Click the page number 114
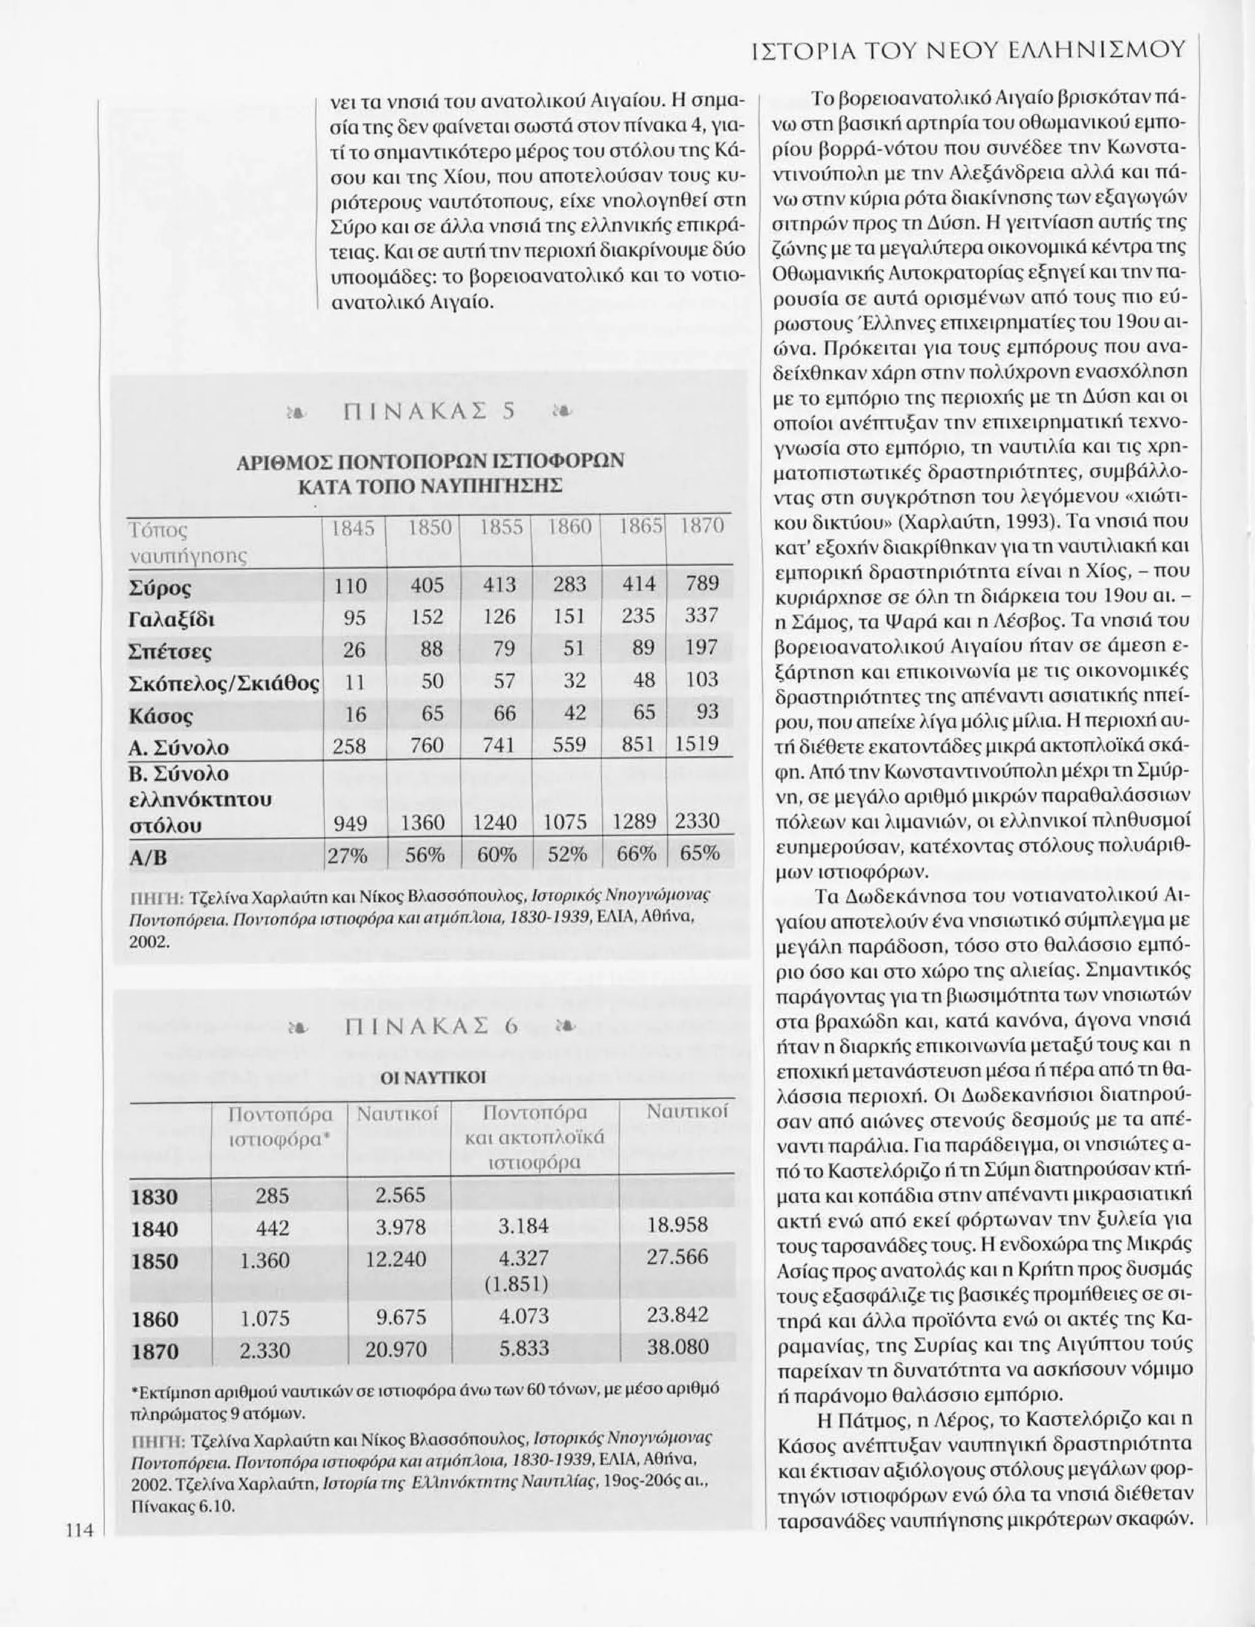[x=77, y=1595]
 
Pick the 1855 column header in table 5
[x=498, y=527]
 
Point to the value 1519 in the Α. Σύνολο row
[x=697, y=744]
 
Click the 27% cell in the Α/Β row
[x=349, y=855]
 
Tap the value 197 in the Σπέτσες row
[x=701, y=647]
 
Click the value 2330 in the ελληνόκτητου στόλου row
[x=697, y=821]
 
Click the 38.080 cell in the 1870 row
[x=677, y=1347]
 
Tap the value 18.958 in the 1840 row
[x=677, y=1225]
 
